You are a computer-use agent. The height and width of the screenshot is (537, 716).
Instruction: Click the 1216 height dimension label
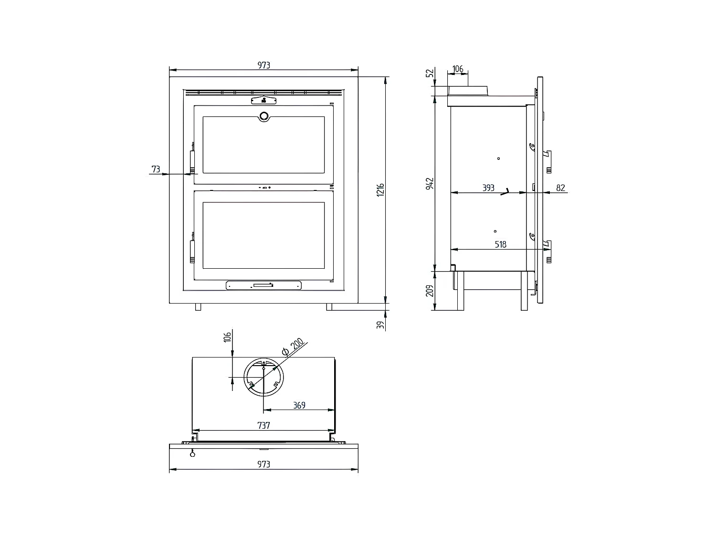tap(380, 190)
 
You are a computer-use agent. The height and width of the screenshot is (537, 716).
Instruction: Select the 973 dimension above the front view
tap(264, 65)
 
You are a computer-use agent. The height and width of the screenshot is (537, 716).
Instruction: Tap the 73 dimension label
tap(156, 169)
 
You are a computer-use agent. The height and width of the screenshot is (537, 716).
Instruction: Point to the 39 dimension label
tap(380, 325)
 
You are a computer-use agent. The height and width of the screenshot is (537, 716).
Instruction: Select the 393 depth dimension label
tap(488, 188)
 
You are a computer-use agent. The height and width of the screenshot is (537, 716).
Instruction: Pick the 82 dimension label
tap(560, 188)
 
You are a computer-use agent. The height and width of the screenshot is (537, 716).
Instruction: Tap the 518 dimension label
tap(500, 244)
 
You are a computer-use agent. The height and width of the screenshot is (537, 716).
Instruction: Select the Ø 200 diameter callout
tap(293, 347)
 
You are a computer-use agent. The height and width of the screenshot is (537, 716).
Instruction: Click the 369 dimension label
tap(299, 405)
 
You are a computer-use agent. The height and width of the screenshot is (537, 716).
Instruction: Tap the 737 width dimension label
tap(263, 425)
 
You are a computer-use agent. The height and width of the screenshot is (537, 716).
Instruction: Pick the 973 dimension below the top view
tap(264, 464)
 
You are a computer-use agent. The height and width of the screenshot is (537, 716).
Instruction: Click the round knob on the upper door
tap(264, 116)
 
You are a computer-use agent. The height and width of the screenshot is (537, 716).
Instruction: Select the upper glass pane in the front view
tap(263, 145)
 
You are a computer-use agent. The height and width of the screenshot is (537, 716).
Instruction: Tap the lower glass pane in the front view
tap(263, 235)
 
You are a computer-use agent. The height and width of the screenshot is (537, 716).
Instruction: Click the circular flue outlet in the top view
tap(263, 377)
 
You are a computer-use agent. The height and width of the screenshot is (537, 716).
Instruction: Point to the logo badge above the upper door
tap(264, 100)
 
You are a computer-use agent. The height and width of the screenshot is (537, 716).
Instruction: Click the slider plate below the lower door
tap(263, 285)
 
